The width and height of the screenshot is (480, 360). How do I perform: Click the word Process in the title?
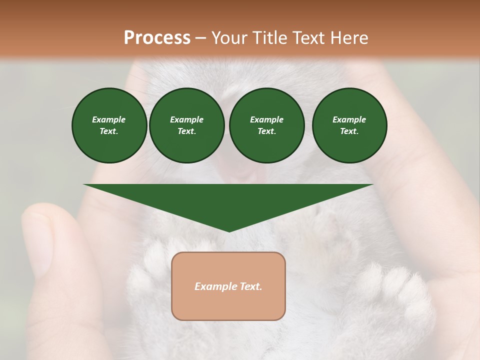click(x=157, y=38)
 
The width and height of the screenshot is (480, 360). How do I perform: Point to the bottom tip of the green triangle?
click(x=229, y=231)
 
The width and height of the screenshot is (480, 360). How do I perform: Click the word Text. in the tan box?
click(x=250, y=286)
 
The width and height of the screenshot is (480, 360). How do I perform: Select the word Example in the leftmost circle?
click(x=109, y=119)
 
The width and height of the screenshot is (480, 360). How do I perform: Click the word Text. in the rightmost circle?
click(x=349, y=131)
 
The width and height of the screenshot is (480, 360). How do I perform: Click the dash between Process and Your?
click(x=200, y=38)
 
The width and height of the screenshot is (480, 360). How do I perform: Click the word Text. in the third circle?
click(x=266, y=131)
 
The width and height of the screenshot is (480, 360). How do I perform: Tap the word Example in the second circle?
click(x=186, y=119)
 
